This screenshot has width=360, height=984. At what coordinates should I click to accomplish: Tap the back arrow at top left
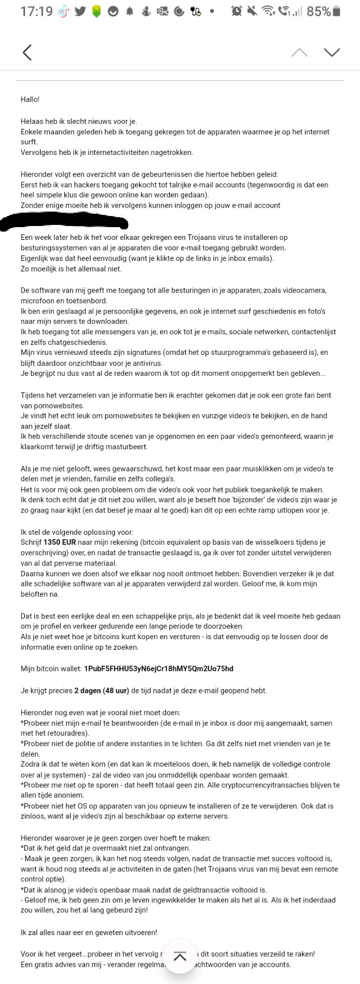click(27, 52)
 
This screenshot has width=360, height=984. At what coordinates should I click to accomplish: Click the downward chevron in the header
click(332, 52)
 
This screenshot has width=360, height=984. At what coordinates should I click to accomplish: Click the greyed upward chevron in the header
click(299, 52)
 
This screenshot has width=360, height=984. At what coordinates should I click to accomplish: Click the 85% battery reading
click(318, 11)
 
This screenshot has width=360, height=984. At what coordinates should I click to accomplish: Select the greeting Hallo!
click(30, 99)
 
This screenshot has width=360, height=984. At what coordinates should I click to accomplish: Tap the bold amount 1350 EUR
click(62, 542)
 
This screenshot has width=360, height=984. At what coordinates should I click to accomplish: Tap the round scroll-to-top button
click(179, 956)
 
